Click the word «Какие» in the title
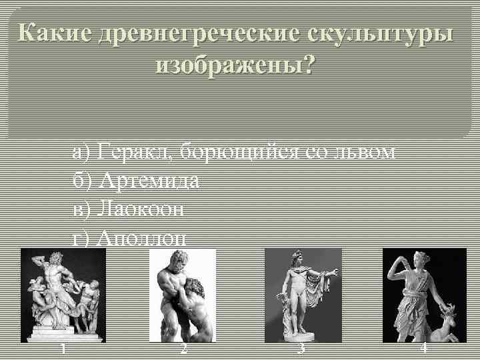(53, 33)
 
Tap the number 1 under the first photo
(62, 349)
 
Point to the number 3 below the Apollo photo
(302, 349)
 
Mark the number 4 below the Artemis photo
(423, 349)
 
